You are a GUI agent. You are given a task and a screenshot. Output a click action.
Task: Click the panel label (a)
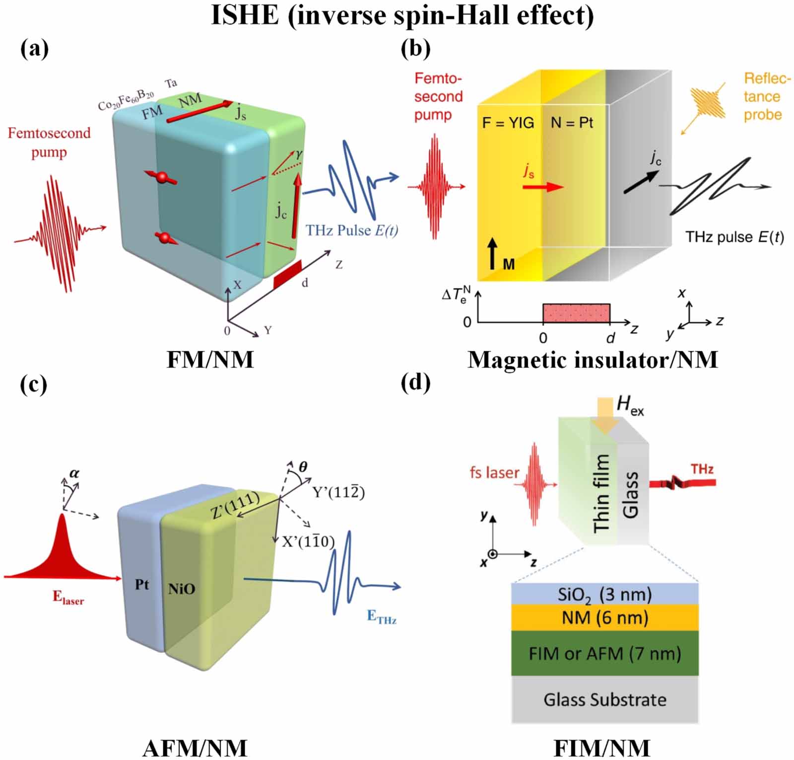tap(34, 49)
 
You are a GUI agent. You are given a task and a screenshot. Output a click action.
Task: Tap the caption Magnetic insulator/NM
tap(593, 359)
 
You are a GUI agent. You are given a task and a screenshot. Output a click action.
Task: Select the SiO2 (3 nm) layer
tap(604, 594)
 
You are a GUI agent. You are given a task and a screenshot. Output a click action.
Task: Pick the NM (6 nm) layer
tap(604, 617)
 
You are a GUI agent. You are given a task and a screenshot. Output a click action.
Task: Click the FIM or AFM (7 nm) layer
tap(604, 653)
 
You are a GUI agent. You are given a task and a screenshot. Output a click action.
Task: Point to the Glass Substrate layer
tap(604, 699)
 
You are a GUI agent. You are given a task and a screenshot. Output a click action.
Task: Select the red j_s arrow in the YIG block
tap(543, 187)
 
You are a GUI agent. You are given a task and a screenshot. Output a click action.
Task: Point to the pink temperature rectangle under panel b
tap(576, 313)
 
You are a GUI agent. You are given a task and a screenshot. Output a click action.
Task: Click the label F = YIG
tap(508, 123)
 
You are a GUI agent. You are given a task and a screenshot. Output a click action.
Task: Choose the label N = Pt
tap(572, 123)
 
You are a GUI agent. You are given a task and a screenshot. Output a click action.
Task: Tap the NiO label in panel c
tap(182, 589)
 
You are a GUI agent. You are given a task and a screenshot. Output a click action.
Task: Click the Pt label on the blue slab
tap(142, 585)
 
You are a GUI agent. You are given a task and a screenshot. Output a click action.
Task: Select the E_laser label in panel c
tap(68, 597)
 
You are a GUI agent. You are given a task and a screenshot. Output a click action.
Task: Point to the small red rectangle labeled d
tap(287, 274)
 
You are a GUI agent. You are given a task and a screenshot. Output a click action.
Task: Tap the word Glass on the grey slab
tap(630, 495)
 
